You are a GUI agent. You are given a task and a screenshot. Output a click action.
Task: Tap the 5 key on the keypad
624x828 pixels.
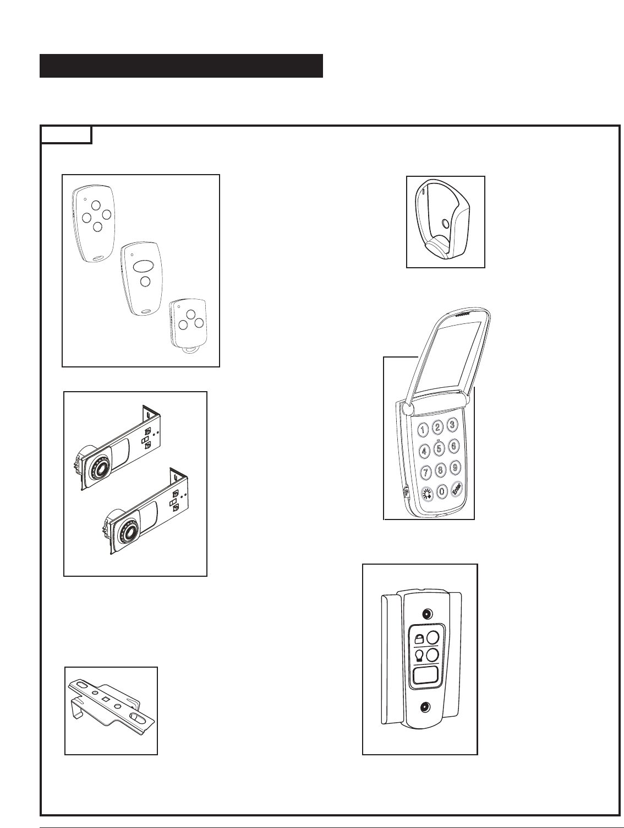click(439, 448)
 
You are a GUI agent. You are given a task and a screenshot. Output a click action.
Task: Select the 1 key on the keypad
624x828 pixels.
click(423, 429)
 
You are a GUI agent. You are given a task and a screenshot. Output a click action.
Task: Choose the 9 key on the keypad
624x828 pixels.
click(455, 467)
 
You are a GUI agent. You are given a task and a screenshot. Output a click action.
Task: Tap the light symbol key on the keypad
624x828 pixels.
click(427, 494)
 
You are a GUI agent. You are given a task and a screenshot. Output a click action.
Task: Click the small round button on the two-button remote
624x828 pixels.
click(145, 282)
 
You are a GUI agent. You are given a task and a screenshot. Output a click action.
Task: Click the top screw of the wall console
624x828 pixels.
click(426, 614)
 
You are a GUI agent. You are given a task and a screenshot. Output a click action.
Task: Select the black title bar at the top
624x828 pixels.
click(181, 66)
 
